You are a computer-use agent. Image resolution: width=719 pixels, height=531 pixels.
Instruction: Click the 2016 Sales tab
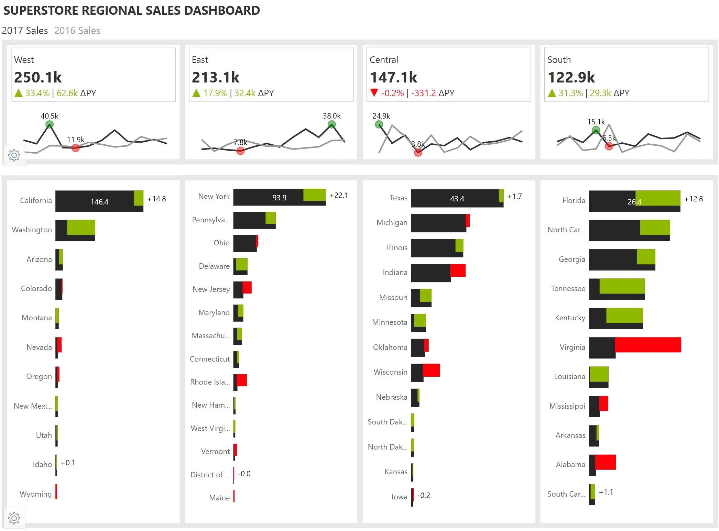77,31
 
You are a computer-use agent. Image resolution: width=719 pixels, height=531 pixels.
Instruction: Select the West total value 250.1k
38,77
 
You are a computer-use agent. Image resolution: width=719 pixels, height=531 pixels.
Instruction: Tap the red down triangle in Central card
374,92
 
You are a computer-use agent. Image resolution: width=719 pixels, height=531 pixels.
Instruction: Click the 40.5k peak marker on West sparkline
50,124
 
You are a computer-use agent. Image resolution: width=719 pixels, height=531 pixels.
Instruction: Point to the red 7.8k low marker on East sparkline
240,151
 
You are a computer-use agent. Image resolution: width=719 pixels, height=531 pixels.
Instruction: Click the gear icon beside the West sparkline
14,155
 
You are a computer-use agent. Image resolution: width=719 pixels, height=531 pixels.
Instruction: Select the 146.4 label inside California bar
99,202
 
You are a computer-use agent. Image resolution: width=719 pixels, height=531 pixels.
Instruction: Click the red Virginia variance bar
648,345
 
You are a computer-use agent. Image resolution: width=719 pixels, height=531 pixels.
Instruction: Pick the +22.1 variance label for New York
339,196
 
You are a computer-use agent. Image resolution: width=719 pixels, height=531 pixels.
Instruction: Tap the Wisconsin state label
390,372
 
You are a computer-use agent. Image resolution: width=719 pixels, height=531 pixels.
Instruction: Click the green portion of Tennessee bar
622,286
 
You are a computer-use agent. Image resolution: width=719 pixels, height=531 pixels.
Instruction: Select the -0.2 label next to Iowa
424,495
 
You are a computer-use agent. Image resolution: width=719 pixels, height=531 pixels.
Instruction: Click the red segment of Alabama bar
605,462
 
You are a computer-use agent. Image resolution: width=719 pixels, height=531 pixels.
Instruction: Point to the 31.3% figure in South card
570,93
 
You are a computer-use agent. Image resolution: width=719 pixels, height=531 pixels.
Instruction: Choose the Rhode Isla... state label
210,382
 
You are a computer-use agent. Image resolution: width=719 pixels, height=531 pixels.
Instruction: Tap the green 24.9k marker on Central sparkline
379,124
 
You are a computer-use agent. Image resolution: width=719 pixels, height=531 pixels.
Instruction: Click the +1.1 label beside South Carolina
606,492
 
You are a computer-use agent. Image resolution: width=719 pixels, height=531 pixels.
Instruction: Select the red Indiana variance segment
458,270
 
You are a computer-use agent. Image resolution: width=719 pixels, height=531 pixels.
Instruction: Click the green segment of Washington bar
81,228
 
